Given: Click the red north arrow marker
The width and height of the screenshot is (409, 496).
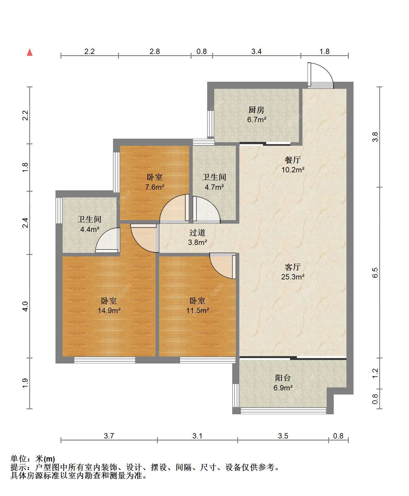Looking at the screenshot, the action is pos(30,52).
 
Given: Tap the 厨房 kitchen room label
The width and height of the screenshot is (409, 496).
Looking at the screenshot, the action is pos(256,110).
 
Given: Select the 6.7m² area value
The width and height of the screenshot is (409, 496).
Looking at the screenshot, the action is pos(257,120).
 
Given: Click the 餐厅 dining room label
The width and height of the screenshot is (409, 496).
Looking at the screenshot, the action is pos(292,160).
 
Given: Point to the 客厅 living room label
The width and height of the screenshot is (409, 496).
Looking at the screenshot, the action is pos(292,267).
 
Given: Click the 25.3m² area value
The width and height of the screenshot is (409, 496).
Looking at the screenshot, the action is pos(293,277).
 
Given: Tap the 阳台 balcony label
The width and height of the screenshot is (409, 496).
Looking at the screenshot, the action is pos(283,378).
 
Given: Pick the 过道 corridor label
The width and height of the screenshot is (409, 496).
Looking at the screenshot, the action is pos(197,233).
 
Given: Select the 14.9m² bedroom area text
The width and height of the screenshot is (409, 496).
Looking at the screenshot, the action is pos(109,311).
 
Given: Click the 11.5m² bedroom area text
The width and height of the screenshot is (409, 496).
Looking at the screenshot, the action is pos(197,311).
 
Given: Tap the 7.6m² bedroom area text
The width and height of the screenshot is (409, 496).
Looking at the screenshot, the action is pos(155,187).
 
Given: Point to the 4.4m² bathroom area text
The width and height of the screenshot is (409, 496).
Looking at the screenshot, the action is pos(89,229).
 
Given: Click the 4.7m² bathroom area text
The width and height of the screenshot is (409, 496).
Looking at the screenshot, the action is pos(214,187).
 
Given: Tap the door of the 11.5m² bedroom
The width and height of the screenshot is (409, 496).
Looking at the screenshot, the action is pos(223,266).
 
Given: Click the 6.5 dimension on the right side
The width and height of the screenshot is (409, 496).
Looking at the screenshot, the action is pos(375,272).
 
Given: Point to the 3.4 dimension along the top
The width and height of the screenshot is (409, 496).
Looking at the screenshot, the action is pos(256,52).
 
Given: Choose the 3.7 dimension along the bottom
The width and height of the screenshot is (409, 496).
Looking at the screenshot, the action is pos(109,436).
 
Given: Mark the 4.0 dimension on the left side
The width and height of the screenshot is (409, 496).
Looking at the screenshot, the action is pos(25,306).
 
